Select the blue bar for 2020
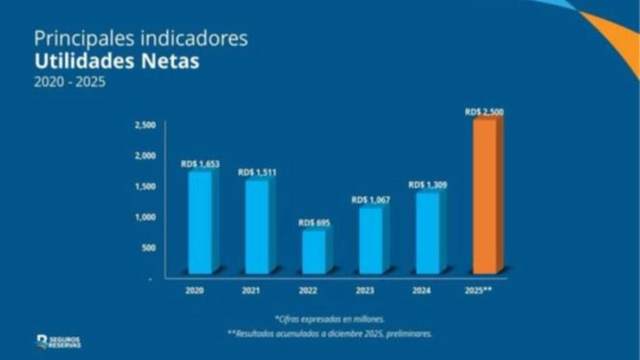(x=201, y=222)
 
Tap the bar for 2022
(x=314, y=251)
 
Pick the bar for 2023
(x=371, y=241)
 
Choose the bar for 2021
(x=257, y=227)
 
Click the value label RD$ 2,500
(x=484, y=112)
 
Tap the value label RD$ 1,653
(x=201, y=164)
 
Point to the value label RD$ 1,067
(x=371, y=200)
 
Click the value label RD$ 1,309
(x=427, y=185)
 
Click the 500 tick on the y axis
(x=147, y=247)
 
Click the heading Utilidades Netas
(x=116, y=61)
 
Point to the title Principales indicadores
(x=141, y=39)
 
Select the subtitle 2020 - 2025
(x=69, y=82)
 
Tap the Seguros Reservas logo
(x=59, y=341)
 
